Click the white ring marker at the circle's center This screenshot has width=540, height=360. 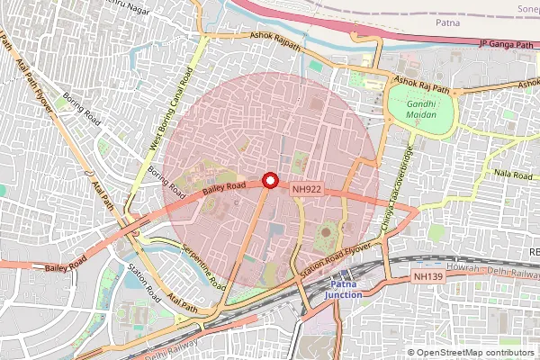[x=270, y=180]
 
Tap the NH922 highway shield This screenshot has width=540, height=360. [x=306, y=190]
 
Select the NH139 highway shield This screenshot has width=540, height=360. [x=428, y=279]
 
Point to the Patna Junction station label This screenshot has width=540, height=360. [x=343, y=289]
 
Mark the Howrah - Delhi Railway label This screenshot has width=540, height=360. [x=493, y=270]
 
